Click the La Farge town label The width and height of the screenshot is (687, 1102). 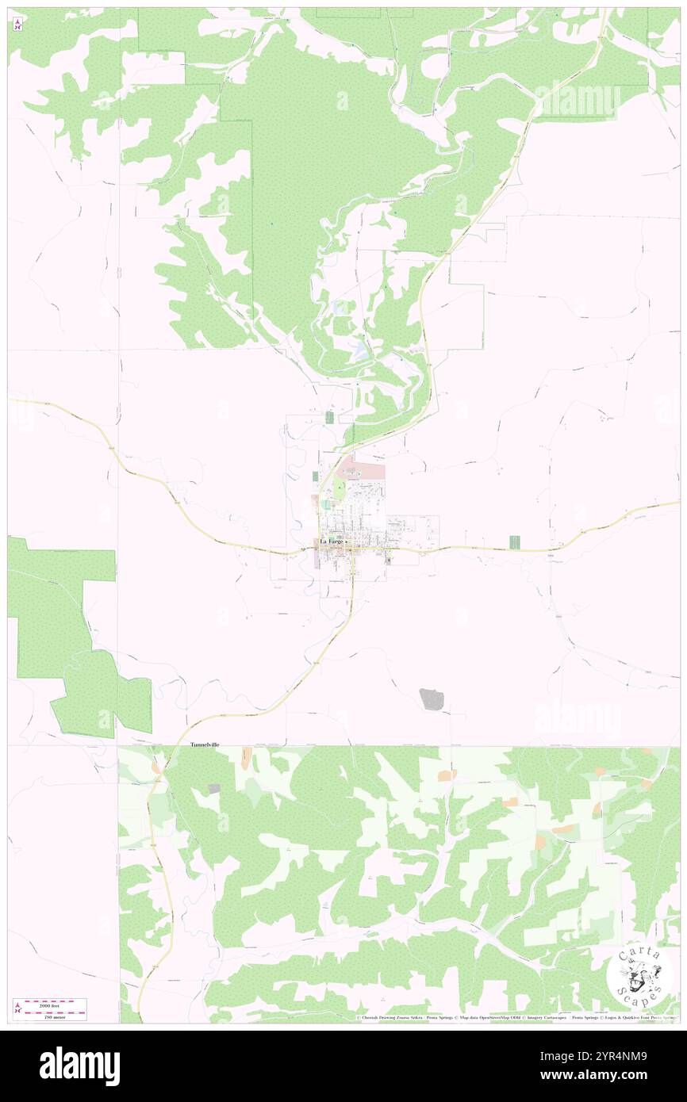(331, 541)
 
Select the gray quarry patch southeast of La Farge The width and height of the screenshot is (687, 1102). (431, 698)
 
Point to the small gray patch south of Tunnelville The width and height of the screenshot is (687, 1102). (213, 788)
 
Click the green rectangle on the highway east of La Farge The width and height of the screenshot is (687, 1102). (514, 542)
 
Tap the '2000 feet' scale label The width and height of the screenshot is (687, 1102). (55, 1003)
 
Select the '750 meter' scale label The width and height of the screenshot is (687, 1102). (55, 1016)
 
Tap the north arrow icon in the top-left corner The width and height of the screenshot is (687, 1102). (17, 25)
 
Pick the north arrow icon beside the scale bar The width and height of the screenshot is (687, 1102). (17, 1008)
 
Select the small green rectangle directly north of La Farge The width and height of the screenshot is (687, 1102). (328, 417)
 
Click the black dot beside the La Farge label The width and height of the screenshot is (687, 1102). (346, 542)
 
